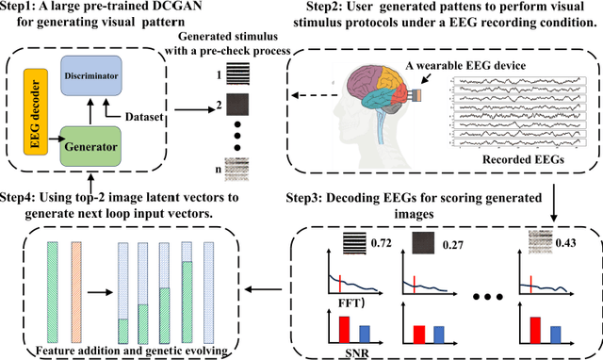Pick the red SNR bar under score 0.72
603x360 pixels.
pyautogui.click(x=344, y=327)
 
